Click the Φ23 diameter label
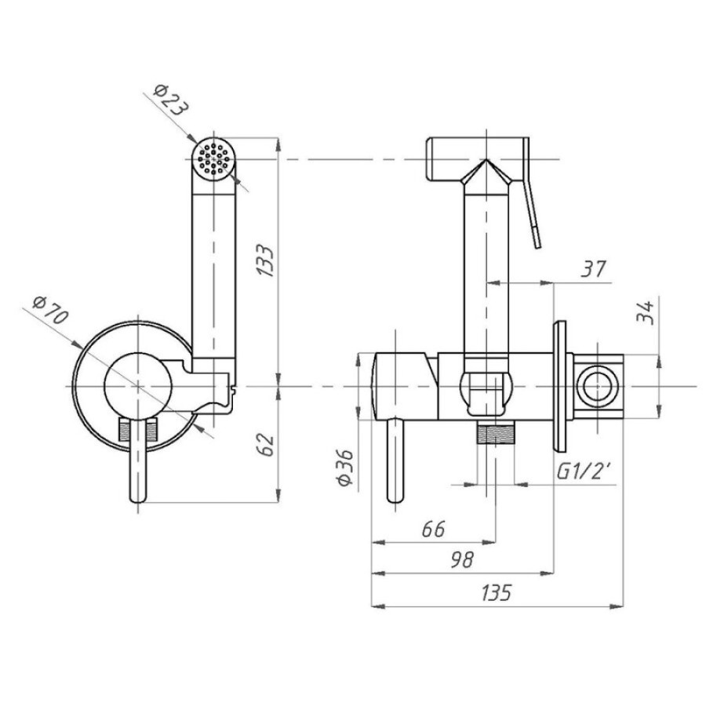point(171,100)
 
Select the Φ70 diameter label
point(51,310)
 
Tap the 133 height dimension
point(265,260)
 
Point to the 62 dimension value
point(267,445)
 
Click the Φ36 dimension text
point(346,468)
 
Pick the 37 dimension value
point(594,269)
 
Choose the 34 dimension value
point(645,312)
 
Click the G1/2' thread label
point(584,471)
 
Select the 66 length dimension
point(434,529)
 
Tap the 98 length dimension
point(462,559)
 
